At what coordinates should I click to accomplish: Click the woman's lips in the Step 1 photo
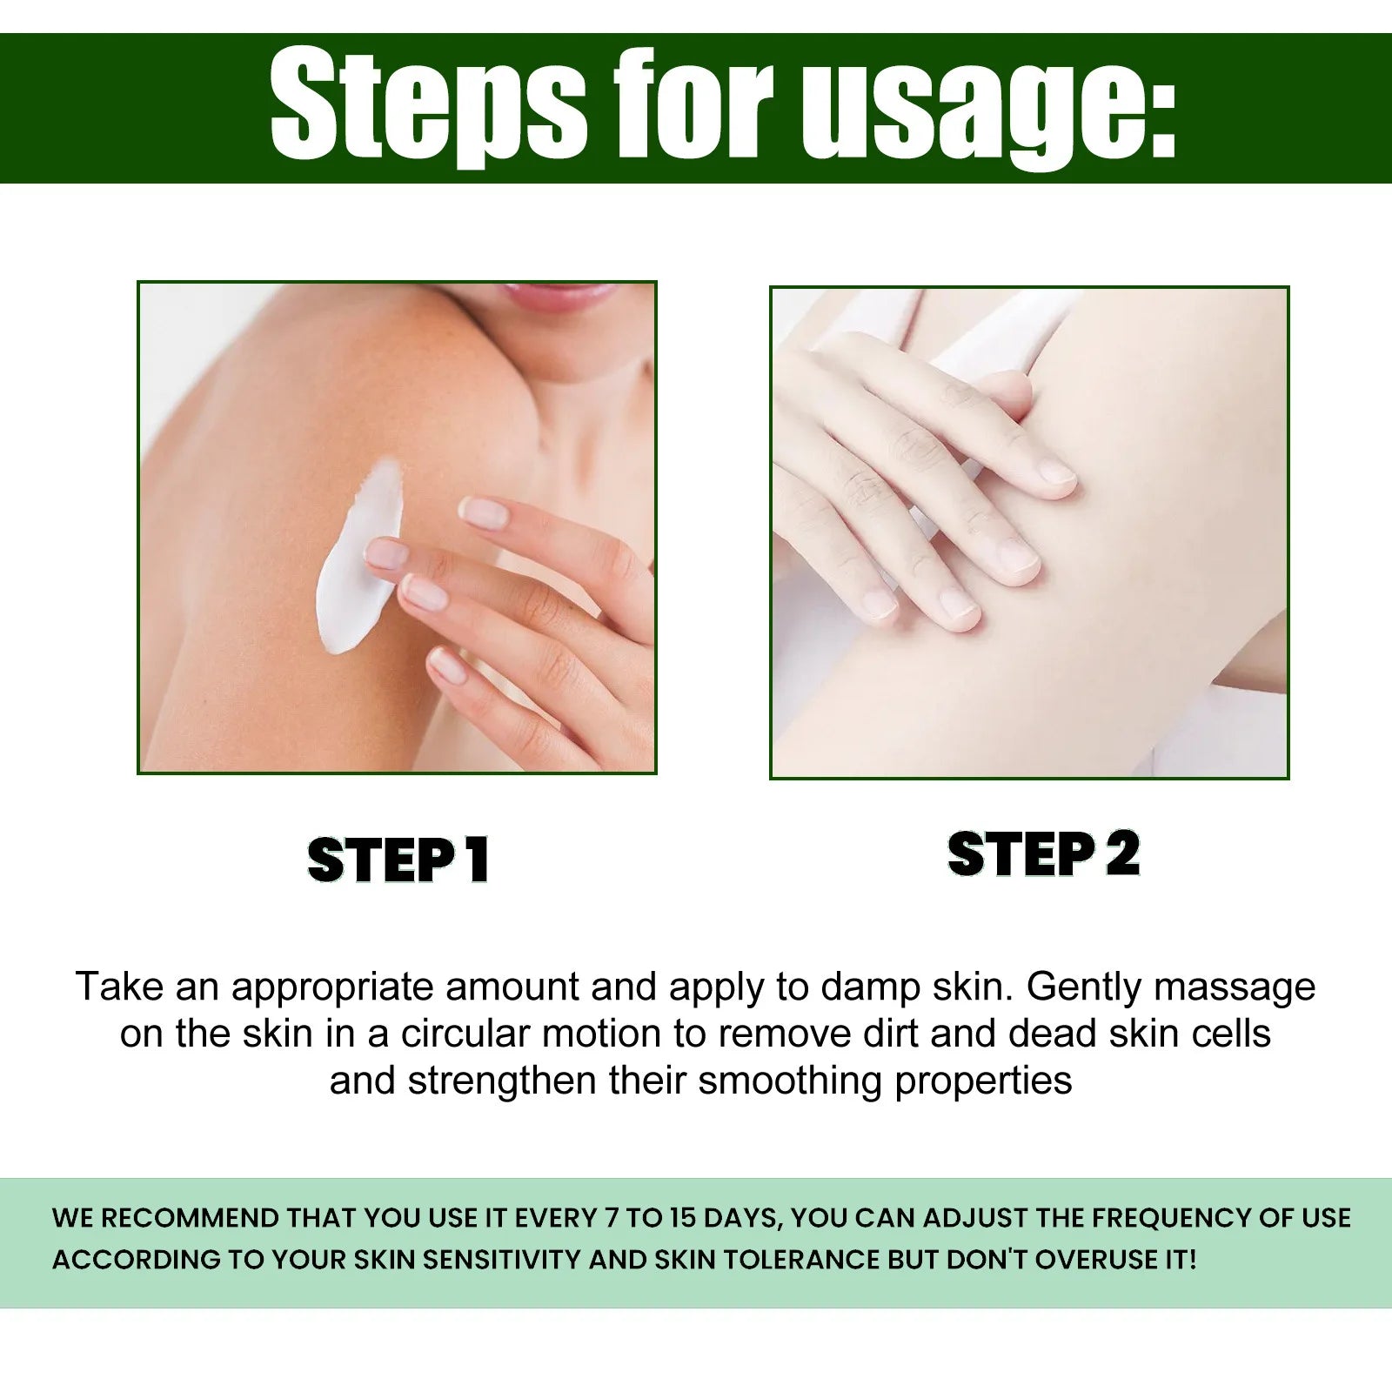557,296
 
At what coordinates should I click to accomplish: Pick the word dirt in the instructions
889,1034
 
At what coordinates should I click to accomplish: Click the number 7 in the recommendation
611,1218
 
